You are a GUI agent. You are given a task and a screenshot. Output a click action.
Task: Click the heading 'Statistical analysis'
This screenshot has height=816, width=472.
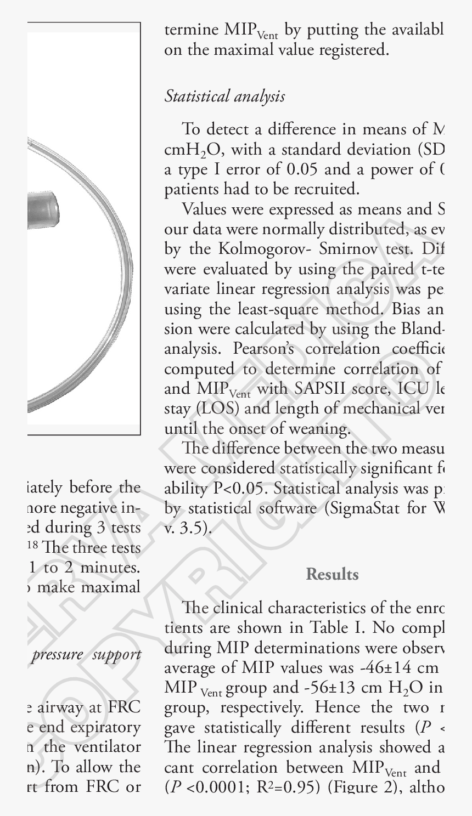[x=224, y=97]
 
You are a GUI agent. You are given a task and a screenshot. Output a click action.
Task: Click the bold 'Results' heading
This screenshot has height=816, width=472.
[x=332, y=574]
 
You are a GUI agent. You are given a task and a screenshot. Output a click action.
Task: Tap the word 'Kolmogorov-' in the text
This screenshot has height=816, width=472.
[x=279, y=249]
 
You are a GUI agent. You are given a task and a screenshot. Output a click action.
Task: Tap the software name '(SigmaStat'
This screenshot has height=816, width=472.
[x=364, y=508]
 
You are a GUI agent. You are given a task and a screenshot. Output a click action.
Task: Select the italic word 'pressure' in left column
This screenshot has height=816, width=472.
[x=54, y=655]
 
